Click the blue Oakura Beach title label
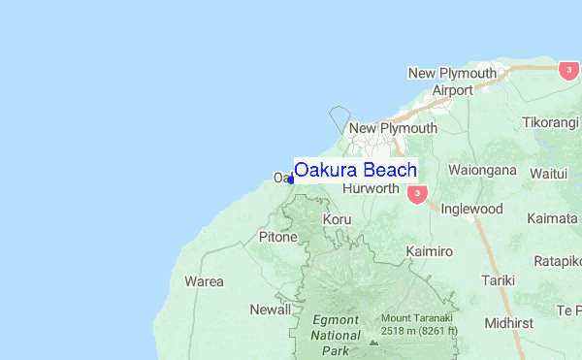click(x=355, y=171)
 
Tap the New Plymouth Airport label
click(x=452, y=82)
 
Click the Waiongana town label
click(x=482, y=170)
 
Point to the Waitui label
click(x=548, y=174)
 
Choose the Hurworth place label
click(x=371, y=188)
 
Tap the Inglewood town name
click(x=471, y=209)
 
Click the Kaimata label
click(x=552, y=218)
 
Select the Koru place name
click(x=338, y=220)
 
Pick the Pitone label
click(x=277, y=236)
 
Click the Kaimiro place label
click(x=429, y=251)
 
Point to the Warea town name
click(x=204, y=281)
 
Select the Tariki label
click(x=498, y=280)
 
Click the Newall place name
click(x=270, y=310)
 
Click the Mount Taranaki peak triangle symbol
click(x=373, y=342)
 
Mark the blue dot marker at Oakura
click(x=291, y=180)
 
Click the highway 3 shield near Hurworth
click(x=417, y=194)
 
